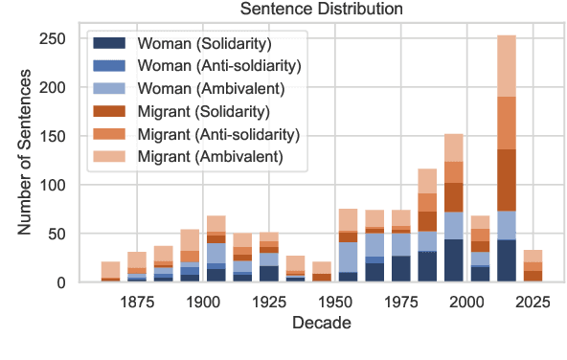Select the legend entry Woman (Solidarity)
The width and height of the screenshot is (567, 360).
pyautogui.click(x=204, y=44)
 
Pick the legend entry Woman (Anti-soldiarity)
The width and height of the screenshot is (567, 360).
pyautogui.click(x=219, y=66)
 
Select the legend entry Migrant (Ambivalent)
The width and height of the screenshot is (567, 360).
pyautogui.click(x=209, y=156)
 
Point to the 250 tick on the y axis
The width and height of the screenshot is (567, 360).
pyautogui.click(x=64, y=38)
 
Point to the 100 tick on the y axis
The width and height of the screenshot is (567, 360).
pyautogui.click(x=64, y=185)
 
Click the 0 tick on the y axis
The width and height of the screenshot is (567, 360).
pyautogui.click(x=73, y=282)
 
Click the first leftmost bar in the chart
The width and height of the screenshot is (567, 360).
pyautogui.click(x=111, y=271)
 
